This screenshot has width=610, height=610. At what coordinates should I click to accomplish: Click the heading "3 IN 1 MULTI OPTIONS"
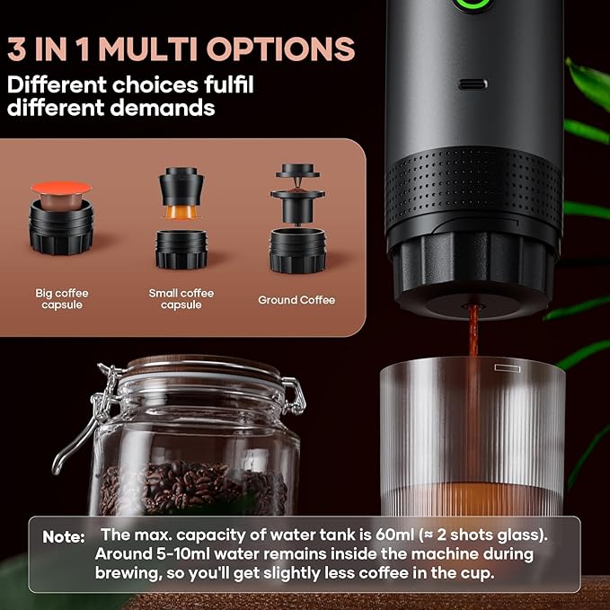181,49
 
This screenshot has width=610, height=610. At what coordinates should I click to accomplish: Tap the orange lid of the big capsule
61,189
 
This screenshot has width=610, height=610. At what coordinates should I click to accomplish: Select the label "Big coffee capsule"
60,299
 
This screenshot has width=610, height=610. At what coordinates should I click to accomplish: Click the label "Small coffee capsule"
181,299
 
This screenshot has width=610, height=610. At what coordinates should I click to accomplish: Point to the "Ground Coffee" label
296,300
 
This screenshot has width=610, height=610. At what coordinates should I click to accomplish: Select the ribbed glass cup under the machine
473,440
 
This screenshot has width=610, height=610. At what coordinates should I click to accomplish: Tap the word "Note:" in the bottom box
64,536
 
